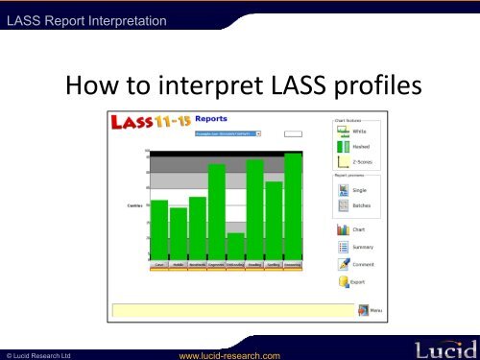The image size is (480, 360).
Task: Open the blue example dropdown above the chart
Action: click(228, 135)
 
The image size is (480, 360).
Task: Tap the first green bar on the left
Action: click(159, 229)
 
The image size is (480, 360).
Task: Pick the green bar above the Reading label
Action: click(254, 209)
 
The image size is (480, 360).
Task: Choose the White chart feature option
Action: click(352, 131)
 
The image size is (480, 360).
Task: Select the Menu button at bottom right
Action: click(371, 310)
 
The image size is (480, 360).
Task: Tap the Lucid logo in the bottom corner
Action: click(441, 348)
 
